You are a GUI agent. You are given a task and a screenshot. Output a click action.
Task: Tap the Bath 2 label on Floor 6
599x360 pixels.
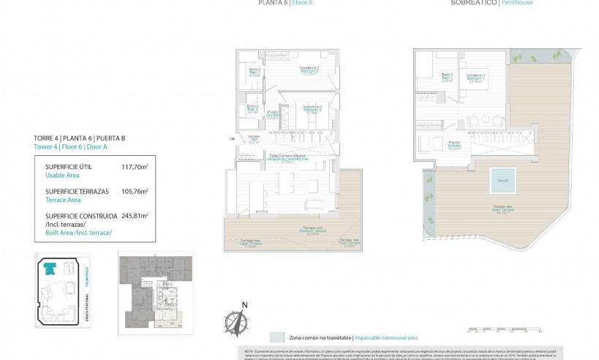tap(252, 72)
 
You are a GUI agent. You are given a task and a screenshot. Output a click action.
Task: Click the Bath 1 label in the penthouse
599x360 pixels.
tap(447, 77)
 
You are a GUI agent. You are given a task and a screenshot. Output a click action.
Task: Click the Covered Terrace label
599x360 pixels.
tap(314, 232)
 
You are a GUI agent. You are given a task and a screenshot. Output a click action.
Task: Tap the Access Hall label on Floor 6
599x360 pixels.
tap(254, 139)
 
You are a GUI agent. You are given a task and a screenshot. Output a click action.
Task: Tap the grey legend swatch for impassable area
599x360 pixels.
tap(276, 337)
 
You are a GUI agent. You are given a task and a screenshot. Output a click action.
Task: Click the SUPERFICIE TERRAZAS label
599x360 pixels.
tap(77, 191)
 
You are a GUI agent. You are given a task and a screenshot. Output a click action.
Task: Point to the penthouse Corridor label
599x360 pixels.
tap(454, 144)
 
